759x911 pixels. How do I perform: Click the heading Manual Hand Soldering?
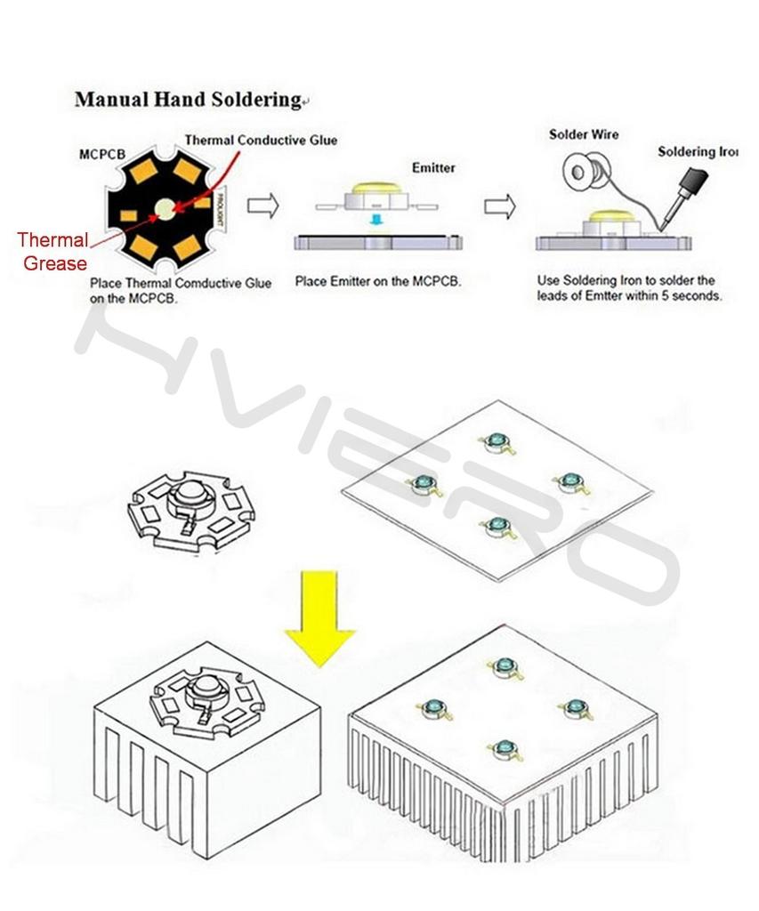tap(188, 100)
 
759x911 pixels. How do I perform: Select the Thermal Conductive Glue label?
tap(261, 141)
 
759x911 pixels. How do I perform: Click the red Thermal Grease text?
tap(53, 252)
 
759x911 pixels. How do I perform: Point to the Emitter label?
tap(433, 167)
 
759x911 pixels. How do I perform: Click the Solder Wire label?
tap(583, 134)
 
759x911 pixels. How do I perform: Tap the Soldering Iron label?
tap(698, 152)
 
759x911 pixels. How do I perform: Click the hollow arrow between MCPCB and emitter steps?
tap(262, 206)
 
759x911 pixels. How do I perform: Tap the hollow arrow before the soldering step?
tap(500, 206)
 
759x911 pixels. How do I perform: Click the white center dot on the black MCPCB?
tap(165, 210)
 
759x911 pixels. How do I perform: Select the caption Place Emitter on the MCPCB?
tap(377, 282)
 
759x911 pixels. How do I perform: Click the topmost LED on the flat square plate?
tap(494, 441)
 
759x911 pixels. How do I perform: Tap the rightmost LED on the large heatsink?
tap(572, 708)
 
